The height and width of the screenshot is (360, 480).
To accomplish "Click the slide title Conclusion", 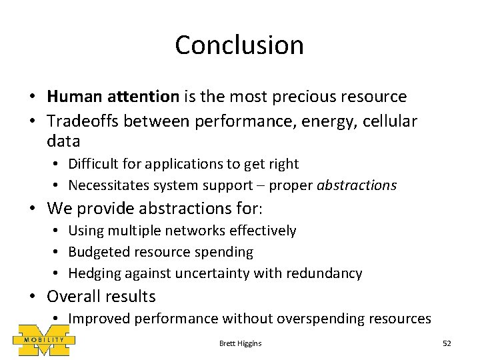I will coord(239,45).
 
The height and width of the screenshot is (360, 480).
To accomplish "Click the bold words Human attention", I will coord(113,97).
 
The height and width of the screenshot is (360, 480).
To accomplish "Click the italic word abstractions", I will coord(357,185).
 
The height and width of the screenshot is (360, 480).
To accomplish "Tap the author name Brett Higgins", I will coord(240,343).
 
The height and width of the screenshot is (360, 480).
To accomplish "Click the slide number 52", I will coord(447,343).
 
